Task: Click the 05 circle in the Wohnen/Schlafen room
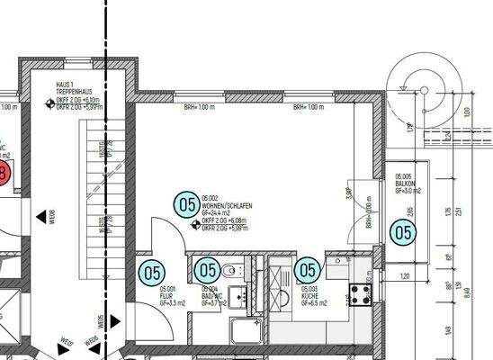[186, 204]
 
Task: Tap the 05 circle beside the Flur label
[151, 271]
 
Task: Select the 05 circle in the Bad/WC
[208, 269]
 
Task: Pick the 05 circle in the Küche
[308, 269]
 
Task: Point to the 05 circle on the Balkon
[404, 233]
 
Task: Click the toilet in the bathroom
[230, 269]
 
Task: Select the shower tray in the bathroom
[246, 334]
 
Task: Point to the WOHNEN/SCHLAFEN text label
[228, 206]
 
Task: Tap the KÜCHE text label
[309, 295]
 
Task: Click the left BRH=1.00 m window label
[200, 107]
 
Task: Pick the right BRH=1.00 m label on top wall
[308, 107]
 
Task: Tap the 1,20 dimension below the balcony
[404, 275]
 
